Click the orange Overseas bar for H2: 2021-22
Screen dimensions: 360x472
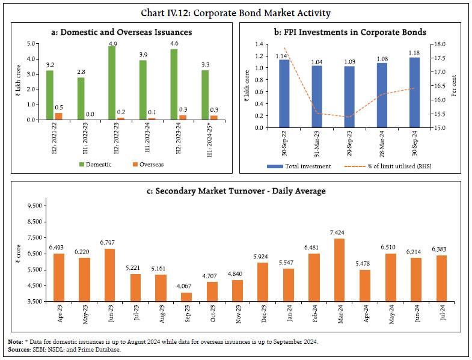pyautogui.click(x=58, y=115)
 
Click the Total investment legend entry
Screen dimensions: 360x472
pyautogui.click(x=301, y=166)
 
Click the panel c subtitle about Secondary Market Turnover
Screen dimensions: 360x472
pyautogui.click(x=236, y=191)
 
